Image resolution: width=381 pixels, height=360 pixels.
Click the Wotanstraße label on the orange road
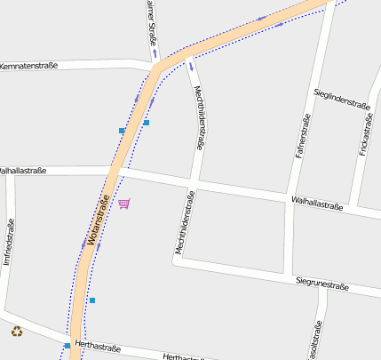pyautogui.click(x=98, y=220)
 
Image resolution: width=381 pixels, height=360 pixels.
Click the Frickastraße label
pyautogui.click(x=364, y=134)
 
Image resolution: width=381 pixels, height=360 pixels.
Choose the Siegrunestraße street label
pyautogui.click(x=321, y=284)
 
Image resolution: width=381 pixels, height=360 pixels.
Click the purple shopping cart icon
pyautogui.click(x=124, y=204)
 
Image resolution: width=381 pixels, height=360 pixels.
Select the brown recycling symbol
pyautogui.click(x=17, y=332)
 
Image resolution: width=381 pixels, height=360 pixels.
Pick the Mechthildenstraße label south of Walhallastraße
pyautogui.click(x=184, y=223)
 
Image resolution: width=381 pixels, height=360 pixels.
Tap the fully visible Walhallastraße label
pyautogui.click(x=316, y=204)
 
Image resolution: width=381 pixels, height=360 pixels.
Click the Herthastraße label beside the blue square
pyautogui.click(x=99, y=346)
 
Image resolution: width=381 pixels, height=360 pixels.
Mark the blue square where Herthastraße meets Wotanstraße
pyautogui.click(x=67, y=345)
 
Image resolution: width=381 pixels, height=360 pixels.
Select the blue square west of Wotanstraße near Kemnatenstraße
pyautogui.click(x=122, y=131)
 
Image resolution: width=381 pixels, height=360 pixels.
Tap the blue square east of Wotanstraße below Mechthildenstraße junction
pyautogui.click(x=147, y=122)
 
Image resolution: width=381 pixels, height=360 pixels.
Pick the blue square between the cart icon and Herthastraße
pyautogui.click(x=91, y=300)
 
